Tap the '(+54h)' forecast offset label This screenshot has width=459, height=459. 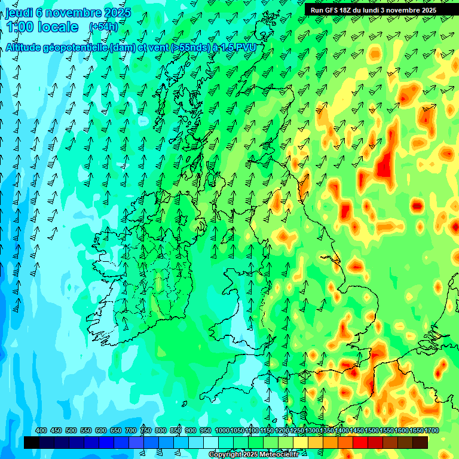click(103, 26)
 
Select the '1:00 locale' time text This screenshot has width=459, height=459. click(43, 27)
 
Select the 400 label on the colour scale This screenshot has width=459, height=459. click(41, 431)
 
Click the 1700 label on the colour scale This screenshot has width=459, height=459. click(416, 431)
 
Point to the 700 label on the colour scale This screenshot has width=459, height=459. click(131, 431)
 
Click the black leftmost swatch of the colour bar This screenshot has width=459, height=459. click(32, 442)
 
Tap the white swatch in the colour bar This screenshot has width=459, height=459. click(211, 442)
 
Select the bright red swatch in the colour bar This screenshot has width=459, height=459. click(360, 442)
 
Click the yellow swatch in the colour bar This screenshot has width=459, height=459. click(301, 442)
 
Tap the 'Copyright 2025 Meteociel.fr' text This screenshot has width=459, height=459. click(253, 454)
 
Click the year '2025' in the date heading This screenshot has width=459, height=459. click(117, 12)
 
